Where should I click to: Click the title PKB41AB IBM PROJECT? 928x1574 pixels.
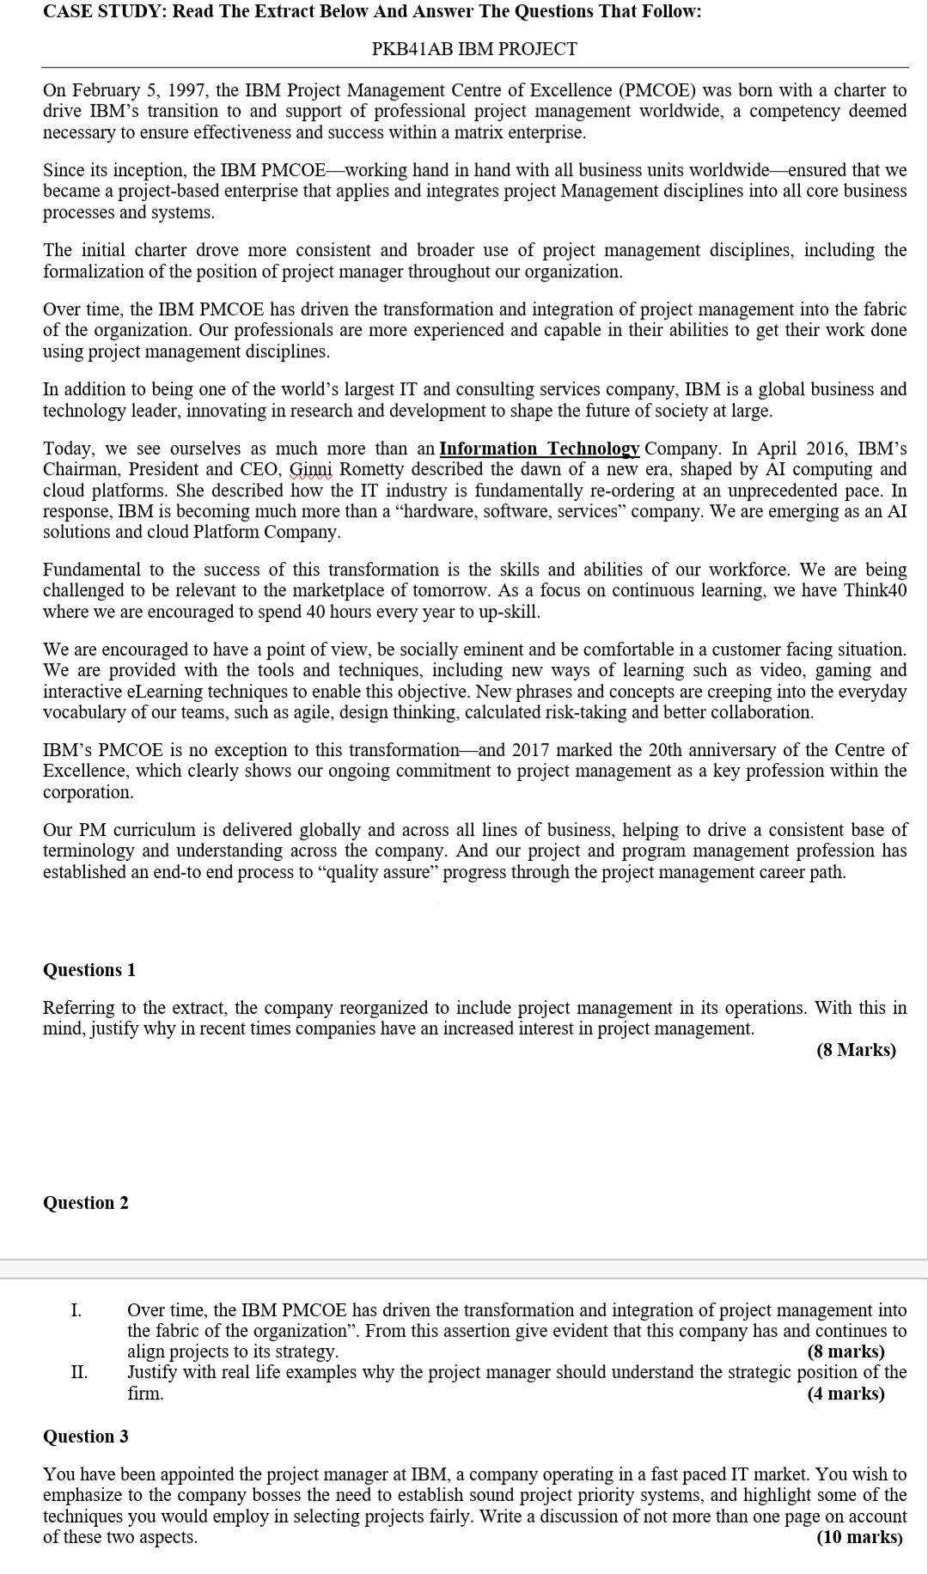[474, 49]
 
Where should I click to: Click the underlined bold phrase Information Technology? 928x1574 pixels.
[539, 448]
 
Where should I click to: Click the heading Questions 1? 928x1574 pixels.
[89, 969]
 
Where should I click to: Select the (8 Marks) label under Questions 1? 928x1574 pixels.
[856, 1049]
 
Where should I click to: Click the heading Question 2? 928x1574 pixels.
[86, 1202]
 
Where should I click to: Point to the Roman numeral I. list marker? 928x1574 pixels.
[76, 1309]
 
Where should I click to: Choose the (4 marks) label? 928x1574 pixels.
[846, 1393]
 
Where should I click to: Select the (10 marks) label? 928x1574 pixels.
[859, 1537]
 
